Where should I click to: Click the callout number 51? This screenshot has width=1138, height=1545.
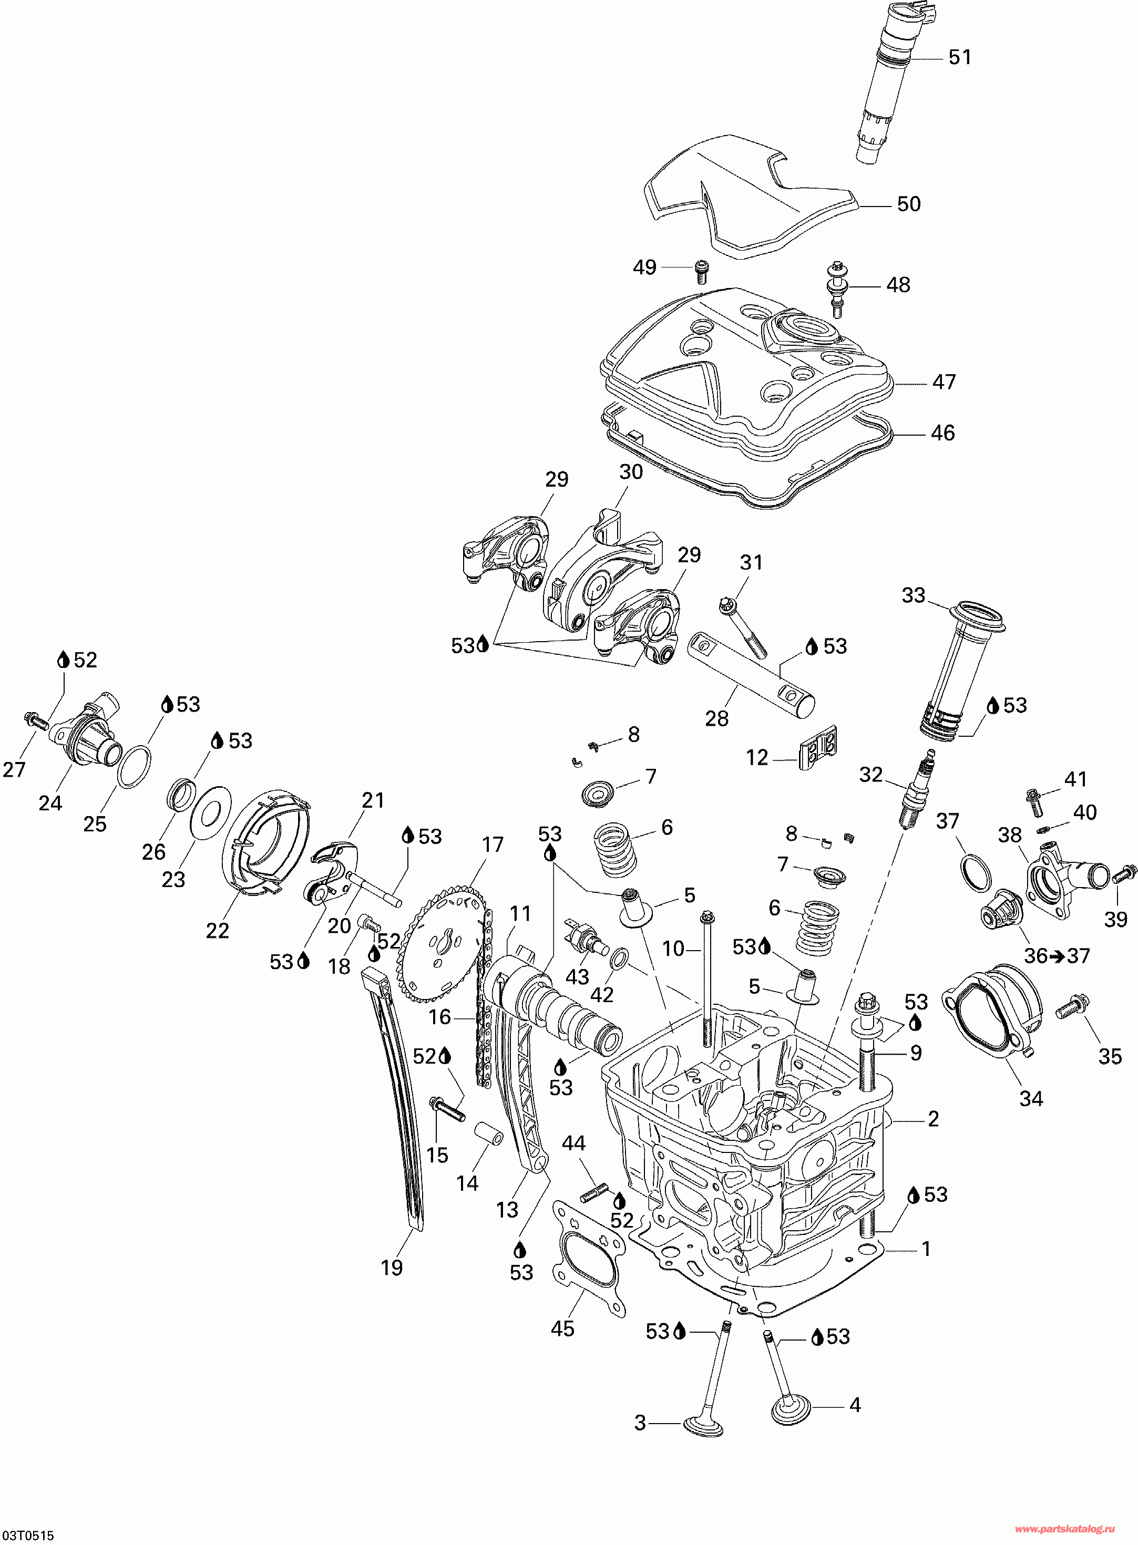(960, 57)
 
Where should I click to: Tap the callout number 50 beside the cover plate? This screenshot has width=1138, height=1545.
(909, 204)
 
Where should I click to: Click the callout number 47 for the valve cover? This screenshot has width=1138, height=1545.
(944, 382)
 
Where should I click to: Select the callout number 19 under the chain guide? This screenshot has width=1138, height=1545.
(392, 1268)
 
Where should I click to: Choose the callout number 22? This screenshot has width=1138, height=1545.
(218, 930)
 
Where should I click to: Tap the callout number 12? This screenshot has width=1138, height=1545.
(757, 758)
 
